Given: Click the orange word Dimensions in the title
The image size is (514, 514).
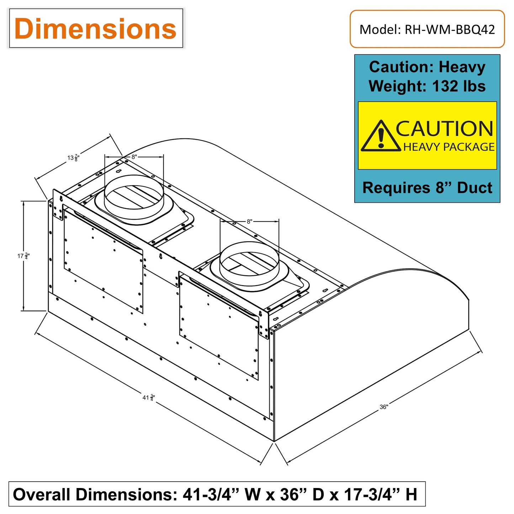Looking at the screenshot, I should coord(95,29).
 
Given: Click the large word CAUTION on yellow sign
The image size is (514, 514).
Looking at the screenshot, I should coord(445,129).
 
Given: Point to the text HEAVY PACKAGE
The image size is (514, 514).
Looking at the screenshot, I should coord(449,147).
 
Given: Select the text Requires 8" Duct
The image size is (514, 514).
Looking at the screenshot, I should coord(427,187).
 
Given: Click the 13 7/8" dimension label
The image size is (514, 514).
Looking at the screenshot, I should coord(73,158).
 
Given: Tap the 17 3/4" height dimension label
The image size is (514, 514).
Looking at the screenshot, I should coord(23,256).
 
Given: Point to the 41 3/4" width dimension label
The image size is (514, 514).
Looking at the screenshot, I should coord(149,397).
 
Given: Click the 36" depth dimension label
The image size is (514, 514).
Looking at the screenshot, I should coord(384,407).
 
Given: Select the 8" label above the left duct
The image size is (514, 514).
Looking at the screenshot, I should coord(134,157).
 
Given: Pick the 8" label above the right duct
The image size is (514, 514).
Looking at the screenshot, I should coord(249,221).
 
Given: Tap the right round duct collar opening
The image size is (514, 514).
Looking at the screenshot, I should coord(249,263).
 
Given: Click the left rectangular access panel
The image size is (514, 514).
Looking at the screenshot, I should coord(104,261).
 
